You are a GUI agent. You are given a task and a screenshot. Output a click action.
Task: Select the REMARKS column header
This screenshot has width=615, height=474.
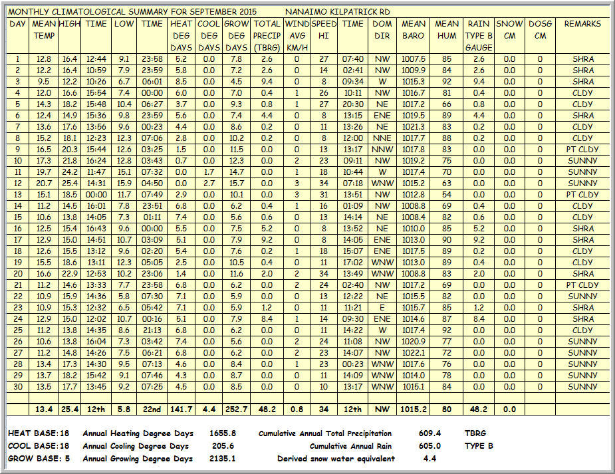[582, 24]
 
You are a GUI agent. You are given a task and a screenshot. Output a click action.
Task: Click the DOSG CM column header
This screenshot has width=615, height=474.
[540, 29]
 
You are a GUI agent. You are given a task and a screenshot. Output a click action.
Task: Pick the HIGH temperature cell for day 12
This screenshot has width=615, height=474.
[68, 183]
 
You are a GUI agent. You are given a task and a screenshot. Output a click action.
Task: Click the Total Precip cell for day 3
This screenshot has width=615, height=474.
[267, 82]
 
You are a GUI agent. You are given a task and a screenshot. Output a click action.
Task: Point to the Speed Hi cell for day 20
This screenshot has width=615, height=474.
[324, 274]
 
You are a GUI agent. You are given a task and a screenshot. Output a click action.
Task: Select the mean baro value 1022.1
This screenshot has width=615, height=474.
[413, 353]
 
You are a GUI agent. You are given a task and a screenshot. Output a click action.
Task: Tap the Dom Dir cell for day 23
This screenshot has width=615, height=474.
[382, 308]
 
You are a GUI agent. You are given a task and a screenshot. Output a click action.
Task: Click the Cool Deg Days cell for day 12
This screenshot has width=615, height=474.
[209, 183]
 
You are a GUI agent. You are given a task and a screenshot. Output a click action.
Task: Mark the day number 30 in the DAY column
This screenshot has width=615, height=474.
[18, 387]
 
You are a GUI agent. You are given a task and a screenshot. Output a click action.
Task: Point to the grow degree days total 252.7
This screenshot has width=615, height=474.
[237, 410]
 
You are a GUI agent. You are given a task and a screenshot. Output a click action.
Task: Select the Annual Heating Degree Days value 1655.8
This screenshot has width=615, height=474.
[222, 433]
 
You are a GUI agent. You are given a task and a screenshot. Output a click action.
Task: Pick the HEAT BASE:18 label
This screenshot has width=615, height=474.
[39, 433]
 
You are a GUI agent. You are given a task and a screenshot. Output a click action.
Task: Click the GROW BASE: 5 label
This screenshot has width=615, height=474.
[39, 459]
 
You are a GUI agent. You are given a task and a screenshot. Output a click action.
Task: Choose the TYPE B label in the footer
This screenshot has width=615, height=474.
[479, 446]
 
